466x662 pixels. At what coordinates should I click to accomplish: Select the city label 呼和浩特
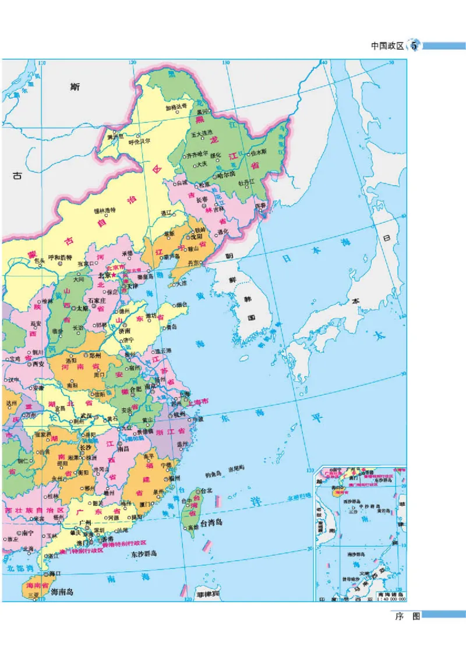(60, 257)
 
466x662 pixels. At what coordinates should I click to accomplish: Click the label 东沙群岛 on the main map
(144, 554)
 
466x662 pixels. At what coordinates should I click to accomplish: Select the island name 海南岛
(62, 592)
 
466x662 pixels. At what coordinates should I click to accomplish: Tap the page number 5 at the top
(415, 46)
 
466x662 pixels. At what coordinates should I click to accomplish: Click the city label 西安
(38, 363)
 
